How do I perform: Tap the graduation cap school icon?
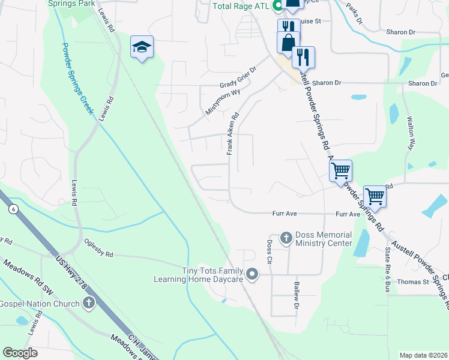(x=142, y=47)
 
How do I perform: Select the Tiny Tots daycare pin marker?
(x=253, y=275)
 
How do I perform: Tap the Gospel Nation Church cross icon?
(x=89, y=303)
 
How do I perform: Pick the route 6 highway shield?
(x=12, y=209)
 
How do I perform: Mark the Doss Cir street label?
(x=269, y=256)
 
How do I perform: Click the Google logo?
(x=20, y=353)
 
